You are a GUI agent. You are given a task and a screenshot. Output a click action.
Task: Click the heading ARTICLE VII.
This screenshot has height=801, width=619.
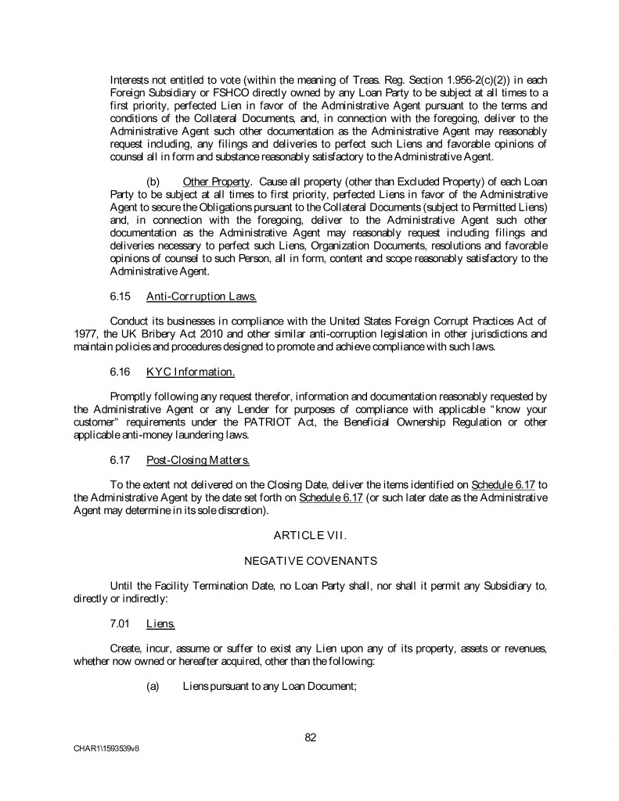310,534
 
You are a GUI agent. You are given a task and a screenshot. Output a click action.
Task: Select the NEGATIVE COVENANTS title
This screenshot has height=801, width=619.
310,561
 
